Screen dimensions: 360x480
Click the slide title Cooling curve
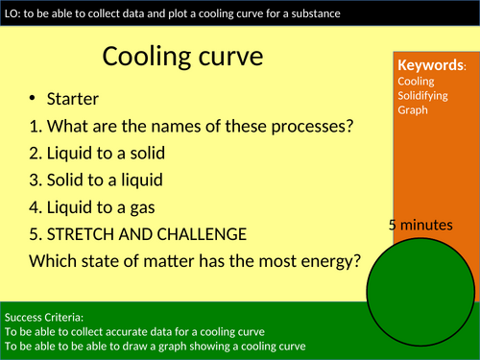click(182, 57)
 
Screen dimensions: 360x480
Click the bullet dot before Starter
click(34, 99)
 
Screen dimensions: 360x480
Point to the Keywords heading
click(431, 65)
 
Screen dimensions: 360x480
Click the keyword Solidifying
click(423, 95)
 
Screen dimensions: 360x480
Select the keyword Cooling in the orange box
click(415, 81)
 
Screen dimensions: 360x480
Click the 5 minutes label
click(420, 225)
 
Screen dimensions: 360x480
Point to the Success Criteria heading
click(44, 316)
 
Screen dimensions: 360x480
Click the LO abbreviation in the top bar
click(12, 12)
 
